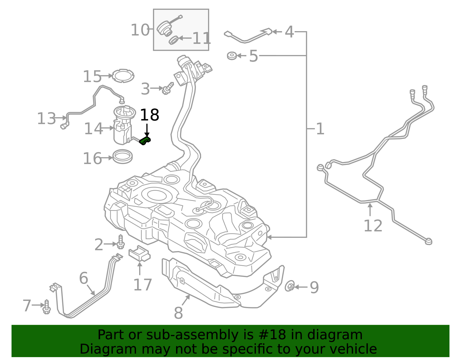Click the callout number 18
pyautogui.click(x=149, y=115)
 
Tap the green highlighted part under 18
pyautogui.click(x=145, y=141)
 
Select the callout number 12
pyautogui.click(x=373, y=226)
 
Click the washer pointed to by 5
pyautogui.click(x=232, y=56)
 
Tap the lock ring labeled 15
pyautogui.click(x=123, y=76)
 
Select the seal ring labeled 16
pyautogui.click(x=122, y=157)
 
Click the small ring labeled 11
pyautogui.click(x=173, y=40)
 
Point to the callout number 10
pyautogui.click(x=140, y=30)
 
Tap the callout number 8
pyautogui.click(x=178, y=313)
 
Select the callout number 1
pyautogui.click(x=320, y=129)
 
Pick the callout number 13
pyautogui.click(x=46, y=118)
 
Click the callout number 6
pyautogui.click(x=84, y=278)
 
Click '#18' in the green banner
pyautogui.click(x=273, y=335)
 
